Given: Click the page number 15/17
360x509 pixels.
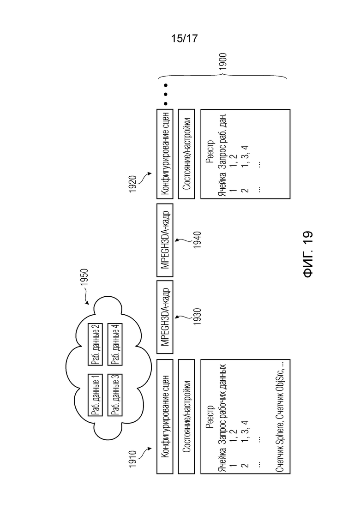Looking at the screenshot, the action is pyautogui.click(x=184, y=38).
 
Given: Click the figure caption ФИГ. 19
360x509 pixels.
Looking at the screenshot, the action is pyautogui.click(x=308, y=254).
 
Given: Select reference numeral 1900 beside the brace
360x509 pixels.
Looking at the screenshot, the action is pyautogui.click(x=222, y=61).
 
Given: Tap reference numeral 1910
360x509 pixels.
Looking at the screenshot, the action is pyautogui.click(x=132, y=459).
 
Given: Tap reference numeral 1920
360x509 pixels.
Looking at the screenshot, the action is pyautogui.click(x=132, y=184).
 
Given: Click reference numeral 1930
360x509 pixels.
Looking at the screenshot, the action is pyautogui.click(x=197, y=317).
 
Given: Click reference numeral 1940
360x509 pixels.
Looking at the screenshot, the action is pyautogui.click(x=197, y=240).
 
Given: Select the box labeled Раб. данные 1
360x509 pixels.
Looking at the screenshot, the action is pyautogui.click(x=95, y=395).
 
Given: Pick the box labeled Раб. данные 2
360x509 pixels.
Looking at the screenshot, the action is pyautogui.click(x=95, y=344).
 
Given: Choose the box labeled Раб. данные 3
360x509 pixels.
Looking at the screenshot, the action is pyautogui.click(x=115, y=395).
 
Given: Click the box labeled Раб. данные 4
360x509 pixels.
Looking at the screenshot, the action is pyautogui.click(x=115, y=344).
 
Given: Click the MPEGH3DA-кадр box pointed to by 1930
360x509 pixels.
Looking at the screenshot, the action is pyautogui.click(x=165, y=317).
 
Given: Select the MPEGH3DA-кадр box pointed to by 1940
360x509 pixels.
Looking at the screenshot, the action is pyautogui.click(x=165, y=240).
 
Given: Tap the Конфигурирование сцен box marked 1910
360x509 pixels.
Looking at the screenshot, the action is pyautogui.click(x=165, y=417).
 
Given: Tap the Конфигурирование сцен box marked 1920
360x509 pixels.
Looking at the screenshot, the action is pyautogui.click(x=165, y=154).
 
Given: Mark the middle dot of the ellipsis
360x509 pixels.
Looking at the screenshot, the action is pyautogui.click(x=165, y=95).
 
